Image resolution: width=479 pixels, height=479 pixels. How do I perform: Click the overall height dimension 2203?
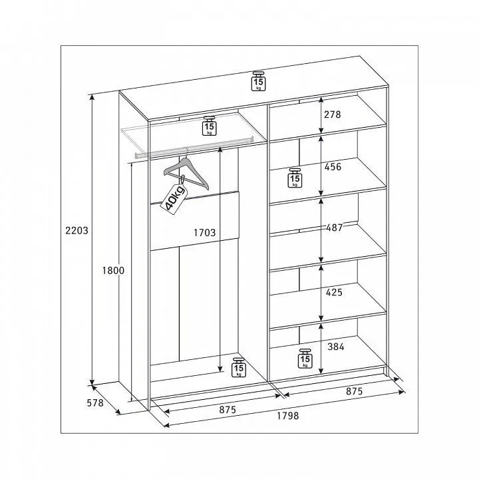[x=77, y=230]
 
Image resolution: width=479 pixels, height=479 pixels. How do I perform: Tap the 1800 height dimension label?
[x=113, y=270]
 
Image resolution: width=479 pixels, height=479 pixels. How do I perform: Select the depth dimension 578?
[x=95, y=403]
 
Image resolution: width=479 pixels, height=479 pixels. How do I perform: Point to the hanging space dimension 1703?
[x=205, y=233]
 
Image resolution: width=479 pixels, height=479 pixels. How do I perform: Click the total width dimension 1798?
[x=288, y=416]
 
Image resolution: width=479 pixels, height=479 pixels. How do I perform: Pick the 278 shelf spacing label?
[x=333, y=114]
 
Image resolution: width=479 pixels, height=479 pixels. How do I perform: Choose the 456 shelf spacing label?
[x=333, y=167]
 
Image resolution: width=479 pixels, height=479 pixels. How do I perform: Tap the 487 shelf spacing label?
[x=335, y=228]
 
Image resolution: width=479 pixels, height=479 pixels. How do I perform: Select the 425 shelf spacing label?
[x=334, y=292]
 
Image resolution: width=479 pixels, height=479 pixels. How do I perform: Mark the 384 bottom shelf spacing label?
[x=336, y=347]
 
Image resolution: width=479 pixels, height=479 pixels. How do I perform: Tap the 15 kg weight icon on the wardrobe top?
[x=258, y=81]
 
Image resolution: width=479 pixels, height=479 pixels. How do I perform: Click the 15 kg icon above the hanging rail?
[x=210, y=126]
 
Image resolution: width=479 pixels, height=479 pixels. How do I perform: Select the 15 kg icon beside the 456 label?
[x=295, y=178]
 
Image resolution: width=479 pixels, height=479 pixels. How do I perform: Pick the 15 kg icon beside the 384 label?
[x=305, y=359]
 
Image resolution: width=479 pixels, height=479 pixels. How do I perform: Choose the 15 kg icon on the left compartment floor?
[x=239, y=367]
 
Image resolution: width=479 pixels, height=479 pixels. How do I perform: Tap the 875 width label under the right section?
[x=355, y=391]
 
